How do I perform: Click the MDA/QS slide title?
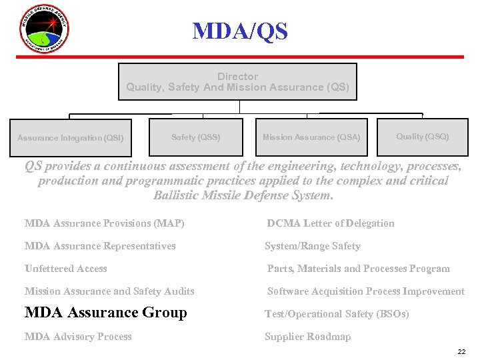240,31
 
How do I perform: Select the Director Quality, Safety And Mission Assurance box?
237,82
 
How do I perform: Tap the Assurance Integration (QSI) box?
71,138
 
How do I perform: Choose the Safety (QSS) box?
195,137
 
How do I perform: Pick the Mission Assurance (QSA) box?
311,137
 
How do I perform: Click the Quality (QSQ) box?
422,137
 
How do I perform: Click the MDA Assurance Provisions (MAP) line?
105,223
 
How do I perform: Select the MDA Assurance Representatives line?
100,246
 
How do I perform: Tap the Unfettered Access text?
66,269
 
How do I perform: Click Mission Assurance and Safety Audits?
109,291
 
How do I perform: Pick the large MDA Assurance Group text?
106,313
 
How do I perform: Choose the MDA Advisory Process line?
78,337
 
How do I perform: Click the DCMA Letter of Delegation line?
331,223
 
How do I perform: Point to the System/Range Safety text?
312,246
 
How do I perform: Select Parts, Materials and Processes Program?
359,269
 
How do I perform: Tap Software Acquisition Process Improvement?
366,291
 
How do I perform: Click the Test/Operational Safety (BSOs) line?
337,314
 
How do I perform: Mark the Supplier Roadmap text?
307,337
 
